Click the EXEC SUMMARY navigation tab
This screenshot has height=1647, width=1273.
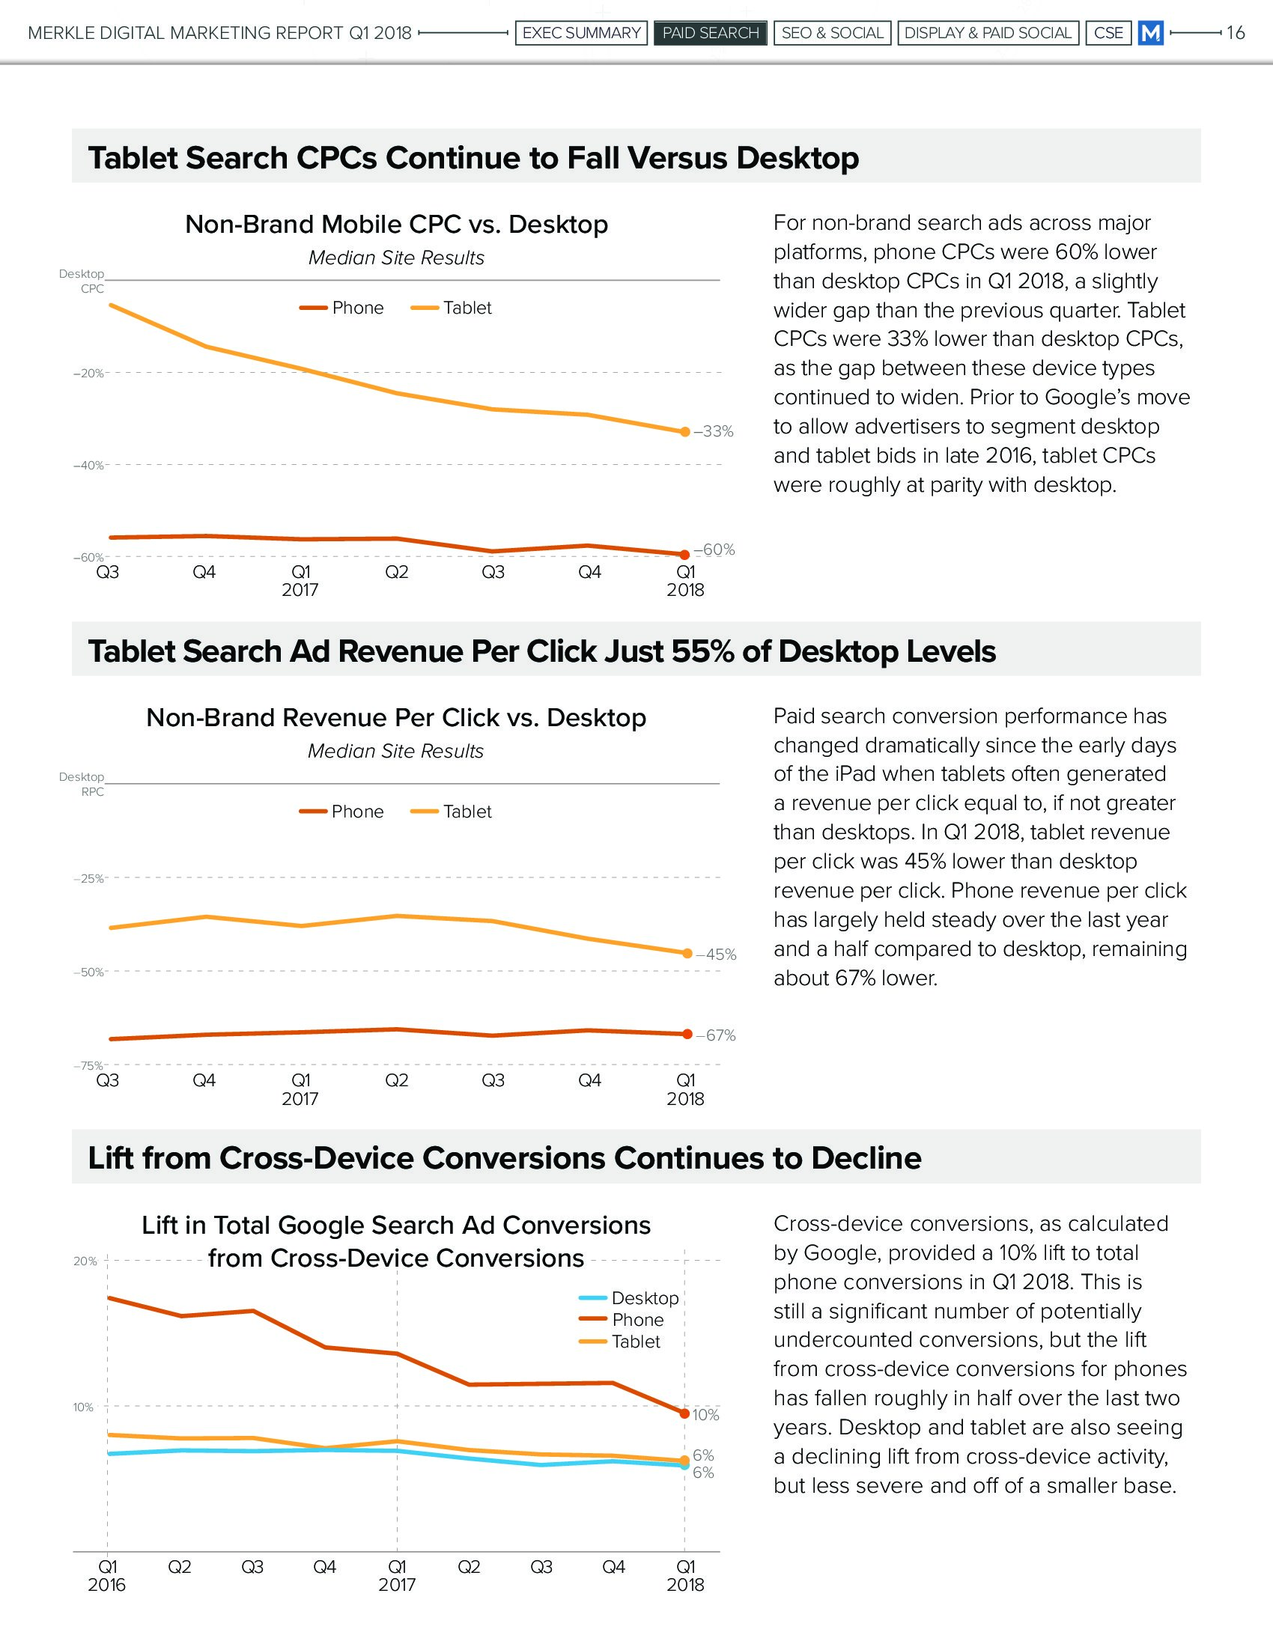[580, 33]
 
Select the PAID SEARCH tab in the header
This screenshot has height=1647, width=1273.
[711, 33]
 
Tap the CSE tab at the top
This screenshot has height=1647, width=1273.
[1108, 33]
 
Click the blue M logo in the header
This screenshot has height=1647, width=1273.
[1150, 33]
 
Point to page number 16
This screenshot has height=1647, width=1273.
[1236, 33]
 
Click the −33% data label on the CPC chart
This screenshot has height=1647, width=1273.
[714, 431]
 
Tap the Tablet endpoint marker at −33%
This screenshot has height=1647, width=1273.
[684, 432]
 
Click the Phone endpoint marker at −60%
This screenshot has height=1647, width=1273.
[684, 555]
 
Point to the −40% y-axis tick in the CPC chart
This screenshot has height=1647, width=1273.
[88, 466]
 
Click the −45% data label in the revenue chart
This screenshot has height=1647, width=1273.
[716, 955]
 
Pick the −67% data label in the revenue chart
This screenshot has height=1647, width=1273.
[716, 1035]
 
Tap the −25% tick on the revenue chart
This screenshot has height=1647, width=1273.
[88, 879]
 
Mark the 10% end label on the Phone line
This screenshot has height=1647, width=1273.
[706, 1416]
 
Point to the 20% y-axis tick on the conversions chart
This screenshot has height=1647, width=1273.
[85, 1261]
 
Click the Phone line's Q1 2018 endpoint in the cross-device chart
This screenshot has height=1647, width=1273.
[684, 1414]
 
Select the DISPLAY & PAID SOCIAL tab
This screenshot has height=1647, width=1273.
[987, 33]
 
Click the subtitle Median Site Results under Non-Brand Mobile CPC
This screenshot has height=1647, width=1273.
[396, 258]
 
